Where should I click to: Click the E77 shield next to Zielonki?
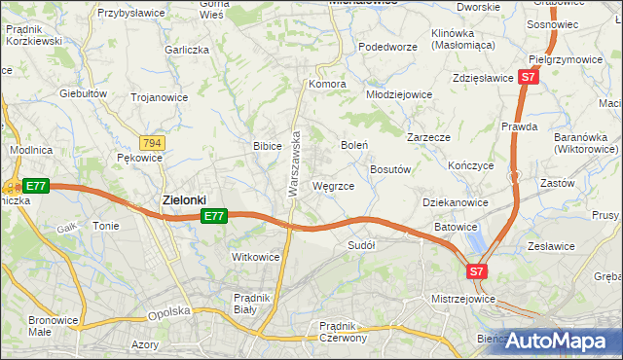point(215,216)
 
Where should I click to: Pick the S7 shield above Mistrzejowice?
point(477,271)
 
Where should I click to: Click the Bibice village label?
point(267,146)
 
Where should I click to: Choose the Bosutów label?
point(393,168)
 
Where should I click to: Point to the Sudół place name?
point(361,246)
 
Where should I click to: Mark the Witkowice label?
point(255,257)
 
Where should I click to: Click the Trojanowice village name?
point(160,96)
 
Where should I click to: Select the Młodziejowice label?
point(398,94)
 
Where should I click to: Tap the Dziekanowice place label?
point(456,202)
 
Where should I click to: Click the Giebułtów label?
point(83,93)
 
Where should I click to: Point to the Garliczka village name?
point(188,50)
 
